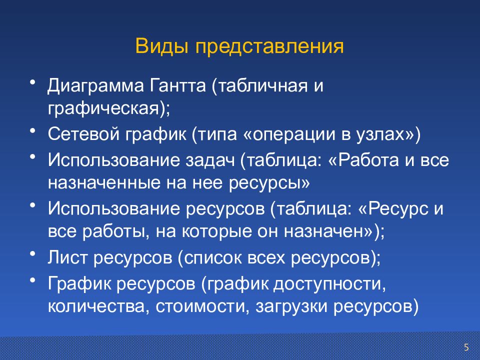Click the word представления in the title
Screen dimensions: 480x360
point(269,47)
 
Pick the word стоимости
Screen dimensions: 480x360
point(197,306)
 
